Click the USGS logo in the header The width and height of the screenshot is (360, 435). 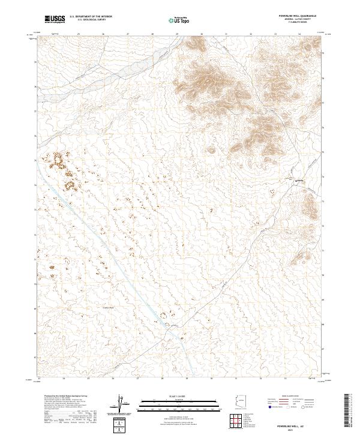click(x=55, y=19)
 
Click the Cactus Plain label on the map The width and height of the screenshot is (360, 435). click(x=109, y=308)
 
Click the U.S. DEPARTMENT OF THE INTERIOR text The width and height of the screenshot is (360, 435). click(x=87, y=17)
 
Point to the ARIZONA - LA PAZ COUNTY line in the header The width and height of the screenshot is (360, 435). click(x=293, y=21)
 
